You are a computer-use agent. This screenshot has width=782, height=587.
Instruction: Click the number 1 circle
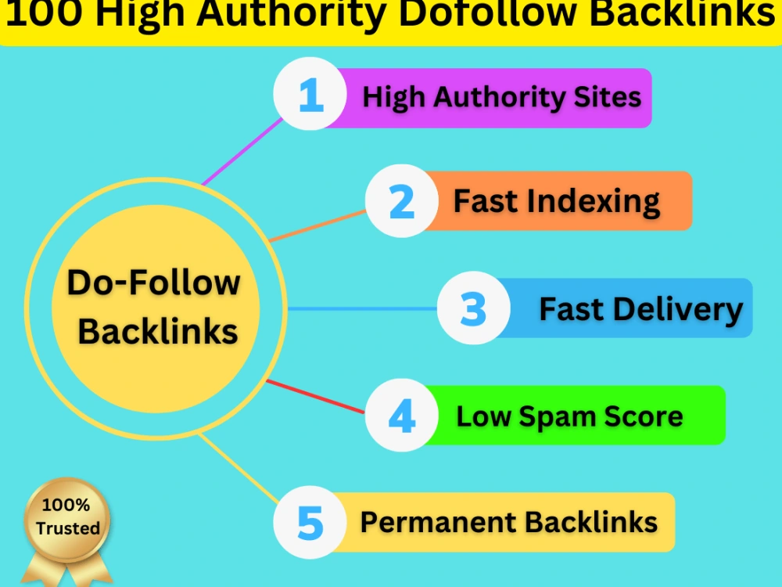pyautogui.click(x=310, y=94)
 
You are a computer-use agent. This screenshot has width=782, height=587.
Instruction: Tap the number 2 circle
pyautogui.click(x=401, y=200)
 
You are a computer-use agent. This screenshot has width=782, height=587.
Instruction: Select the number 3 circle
pyautogui.click(x=473, y=308)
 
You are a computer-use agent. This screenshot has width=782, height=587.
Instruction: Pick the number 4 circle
pyautogui.click(x=401, y=416)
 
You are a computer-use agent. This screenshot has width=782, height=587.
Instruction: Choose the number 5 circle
pyautogui.click(x=310, y=522)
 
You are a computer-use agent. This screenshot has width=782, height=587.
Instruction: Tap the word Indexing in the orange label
pyautogui.click(x=593, y=201)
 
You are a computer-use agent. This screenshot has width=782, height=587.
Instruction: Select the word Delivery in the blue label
pyautogui.click(x=678, y=309)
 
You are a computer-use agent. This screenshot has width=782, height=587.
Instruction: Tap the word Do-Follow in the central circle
pyautogui.click(x=153, y=283)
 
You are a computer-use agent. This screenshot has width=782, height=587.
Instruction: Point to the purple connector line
pyautogui.click(x=242, y=152)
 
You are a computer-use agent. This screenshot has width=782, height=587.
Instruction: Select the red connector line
pyautogui.click(x=315, y=396)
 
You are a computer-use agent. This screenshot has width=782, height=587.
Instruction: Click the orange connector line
pyautogui.click(x=317, y=225)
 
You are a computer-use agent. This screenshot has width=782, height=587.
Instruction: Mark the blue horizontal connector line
pyautogui.click(x=363, y=309)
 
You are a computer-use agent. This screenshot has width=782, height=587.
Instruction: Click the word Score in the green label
pyautogui.click(x=644, y=416)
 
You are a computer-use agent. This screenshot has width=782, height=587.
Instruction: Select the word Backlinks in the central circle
pyautogui.click(x=158, y=331)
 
